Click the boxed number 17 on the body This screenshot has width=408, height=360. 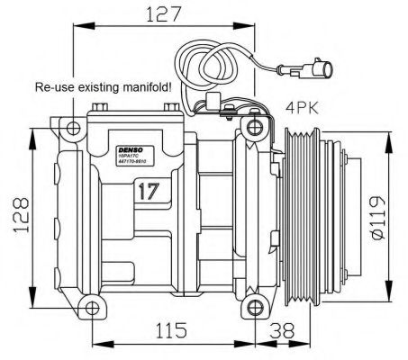click(x=150, y=192)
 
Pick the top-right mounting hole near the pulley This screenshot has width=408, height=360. click(x=255, y=125)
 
